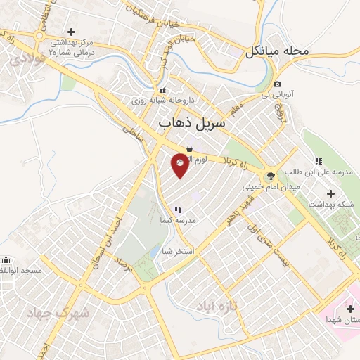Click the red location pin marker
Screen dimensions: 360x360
tap(180, 165)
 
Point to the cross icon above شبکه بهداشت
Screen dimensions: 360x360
tap(330, 193)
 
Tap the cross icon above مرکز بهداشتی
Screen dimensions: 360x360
tap(71, 32)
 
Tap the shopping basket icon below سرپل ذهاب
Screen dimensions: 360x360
tap(189, 148)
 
